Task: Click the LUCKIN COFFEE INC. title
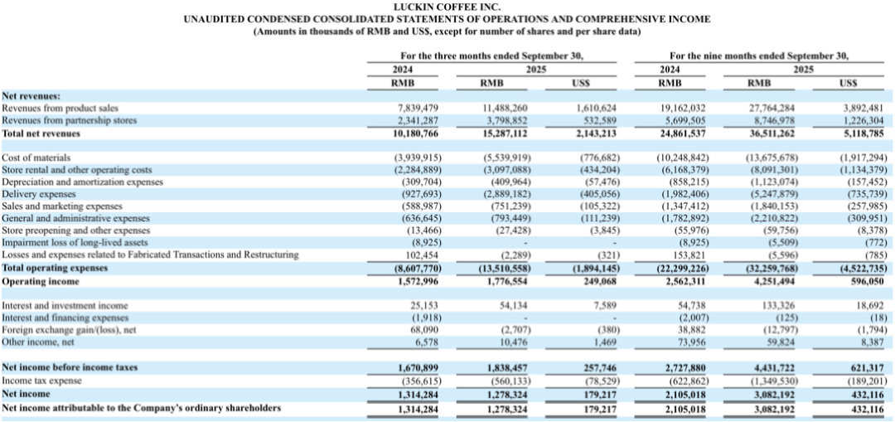447,7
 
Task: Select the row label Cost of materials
36,157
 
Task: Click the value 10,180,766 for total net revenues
415,132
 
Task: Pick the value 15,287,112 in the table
505,132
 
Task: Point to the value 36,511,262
771,132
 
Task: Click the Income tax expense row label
42,381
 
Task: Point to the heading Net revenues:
31,95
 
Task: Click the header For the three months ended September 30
486,56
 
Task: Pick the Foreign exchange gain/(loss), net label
67,329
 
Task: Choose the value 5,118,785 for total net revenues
863,132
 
